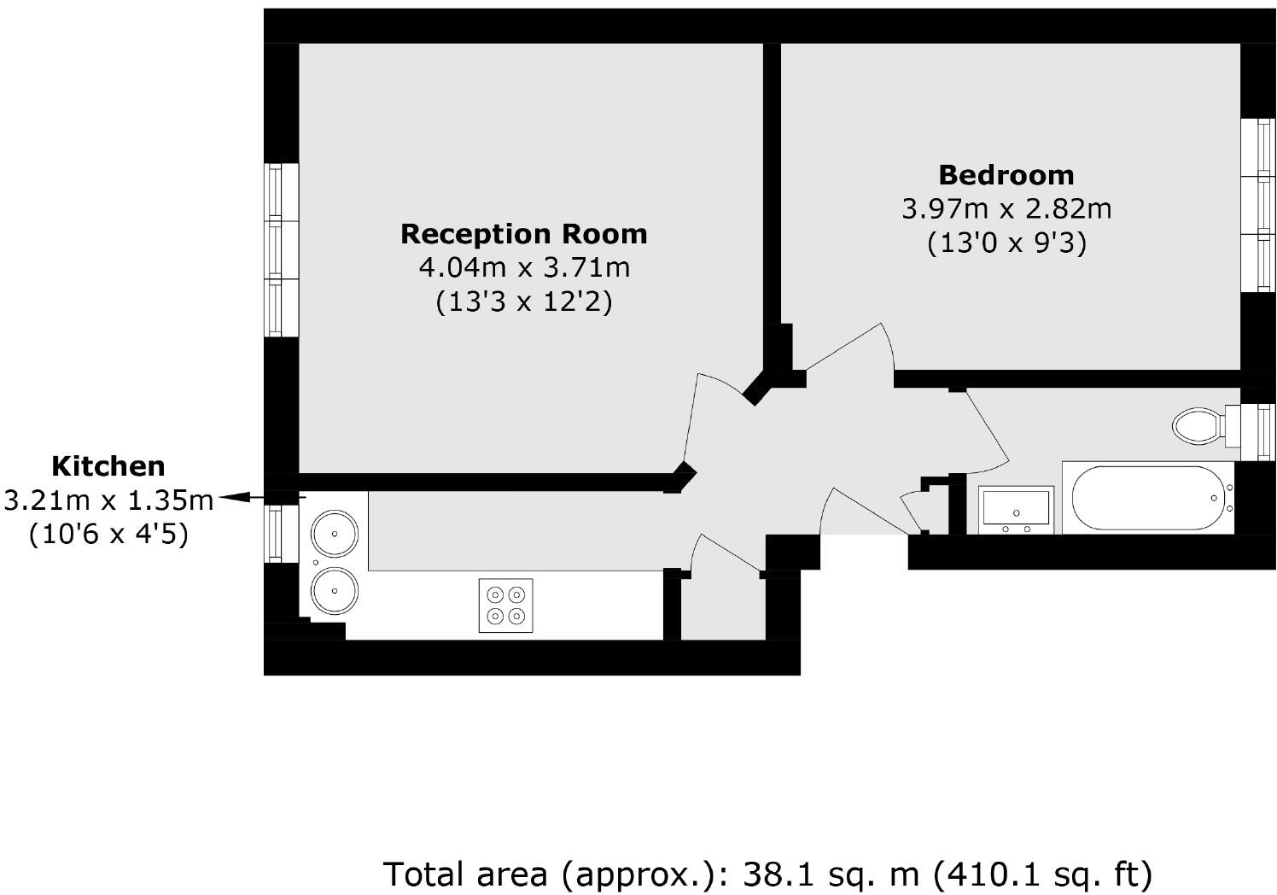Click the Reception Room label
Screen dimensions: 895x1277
(x=523, y=233)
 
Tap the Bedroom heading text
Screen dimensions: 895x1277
(x=1006, y=174)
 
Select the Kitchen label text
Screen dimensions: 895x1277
(x=108, y=465)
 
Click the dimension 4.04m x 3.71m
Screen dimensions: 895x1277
(x=523, y=267)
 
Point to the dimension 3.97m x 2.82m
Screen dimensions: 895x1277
(x=1006, y=208)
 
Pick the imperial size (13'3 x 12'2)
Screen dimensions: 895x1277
(x=523, y=302)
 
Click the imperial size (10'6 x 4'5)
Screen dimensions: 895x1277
(x=108, y=535)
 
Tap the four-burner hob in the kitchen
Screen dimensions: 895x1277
(x=505, y=605)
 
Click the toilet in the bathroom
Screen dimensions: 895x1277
(x=1198, y=424)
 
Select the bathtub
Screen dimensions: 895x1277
(x=1147, y=498)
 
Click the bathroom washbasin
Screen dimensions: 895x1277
(x=1016, y=509)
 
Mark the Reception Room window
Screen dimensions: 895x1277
(x=281, y=249)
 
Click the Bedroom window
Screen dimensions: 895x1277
(x=1257, y=204)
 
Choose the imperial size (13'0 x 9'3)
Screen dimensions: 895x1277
(x=1006, y=243)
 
